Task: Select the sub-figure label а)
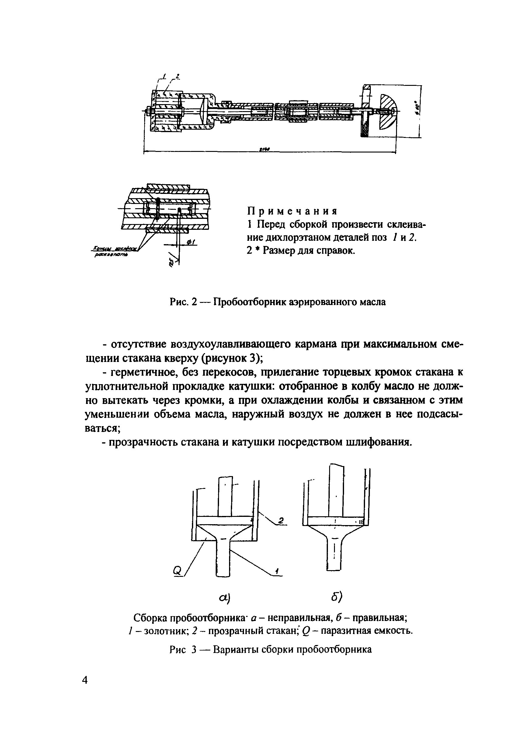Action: tap(224, 598)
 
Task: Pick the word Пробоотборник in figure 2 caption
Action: tap(249, 302)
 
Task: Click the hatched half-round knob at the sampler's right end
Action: tap(387, 111)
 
